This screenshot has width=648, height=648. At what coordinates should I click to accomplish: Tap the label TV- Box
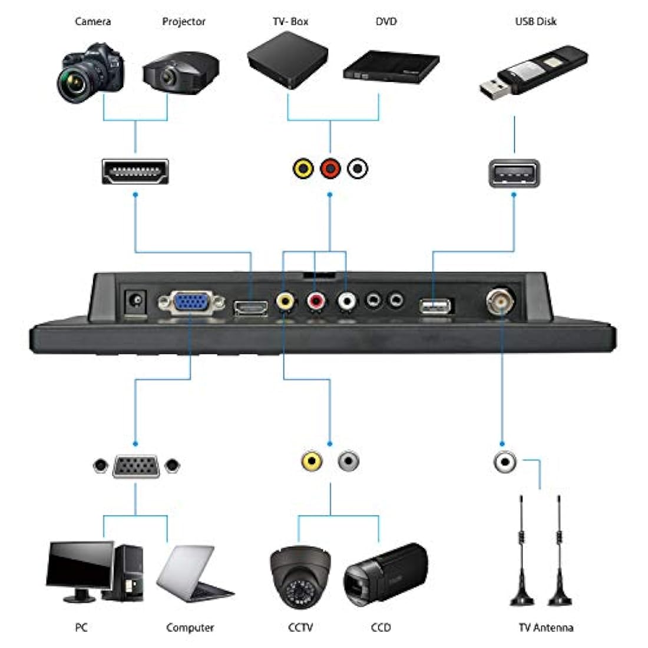[290, 22]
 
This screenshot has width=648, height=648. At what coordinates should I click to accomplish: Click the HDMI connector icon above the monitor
[135, 171]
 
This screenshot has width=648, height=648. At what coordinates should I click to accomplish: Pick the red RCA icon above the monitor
[330, 169]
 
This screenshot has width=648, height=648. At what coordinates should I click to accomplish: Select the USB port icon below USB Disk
[514, 173]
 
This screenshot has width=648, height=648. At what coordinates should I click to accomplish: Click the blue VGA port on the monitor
[191, 303]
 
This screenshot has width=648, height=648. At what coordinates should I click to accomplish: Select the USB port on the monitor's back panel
[436, 306]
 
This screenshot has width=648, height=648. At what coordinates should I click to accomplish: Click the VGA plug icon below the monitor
[135, 466]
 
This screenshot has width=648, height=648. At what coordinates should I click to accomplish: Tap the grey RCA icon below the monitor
[349, 460]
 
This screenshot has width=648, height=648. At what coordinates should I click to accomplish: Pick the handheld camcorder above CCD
[385, 572]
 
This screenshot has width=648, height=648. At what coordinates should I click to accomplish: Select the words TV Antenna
[545, 627]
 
